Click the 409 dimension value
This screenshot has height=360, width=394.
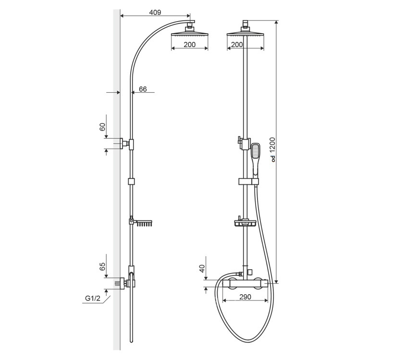coord(155,12)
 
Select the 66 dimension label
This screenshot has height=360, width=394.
coord(143,89)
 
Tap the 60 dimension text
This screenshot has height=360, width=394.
coord(102,127)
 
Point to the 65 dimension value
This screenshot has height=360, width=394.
coord(102,266)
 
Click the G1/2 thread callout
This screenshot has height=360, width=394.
coord(92,298)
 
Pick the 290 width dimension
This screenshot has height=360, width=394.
coord(245,297)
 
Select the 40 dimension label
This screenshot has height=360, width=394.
coord(202,269)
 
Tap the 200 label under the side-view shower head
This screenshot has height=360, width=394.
coord(189,45)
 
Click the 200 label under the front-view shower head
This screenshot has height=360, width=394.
coord(237,45)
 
